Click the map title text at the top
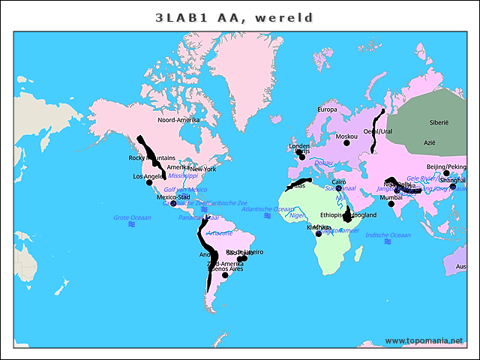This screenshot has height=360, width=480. click(234, 17)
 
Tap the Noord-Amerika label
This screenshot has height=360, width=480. click(178, 119)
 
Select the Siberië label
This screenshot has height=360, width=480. click(438, 121)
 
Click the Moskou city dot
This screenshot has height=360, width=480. click(346, 142)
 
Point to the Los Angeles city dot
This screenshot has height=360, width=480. click(149, 182)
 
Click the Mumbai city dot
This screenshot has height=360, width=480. click(391, 203)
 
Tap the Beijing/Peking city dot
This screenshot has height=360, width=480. click(446, 173)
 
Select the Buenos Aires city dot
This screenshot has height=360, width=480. click(225, 275)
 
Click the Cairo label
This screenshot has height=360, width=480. click(339, 181)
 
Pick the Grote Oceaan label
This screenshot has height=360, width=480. click(132, 217)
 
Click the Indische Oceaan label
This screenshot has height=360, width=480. click(388, 235)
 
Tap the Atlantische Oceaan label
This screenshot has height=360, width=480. click(268, 208)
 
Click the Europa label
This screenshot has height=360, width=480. click(328, 109)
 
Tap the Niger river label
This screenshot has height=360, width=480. click(298, 214)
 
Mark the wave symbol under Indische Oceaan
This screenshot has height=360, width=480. click(388, 242)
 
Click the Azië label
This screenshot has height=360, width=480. click(430, 142)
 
